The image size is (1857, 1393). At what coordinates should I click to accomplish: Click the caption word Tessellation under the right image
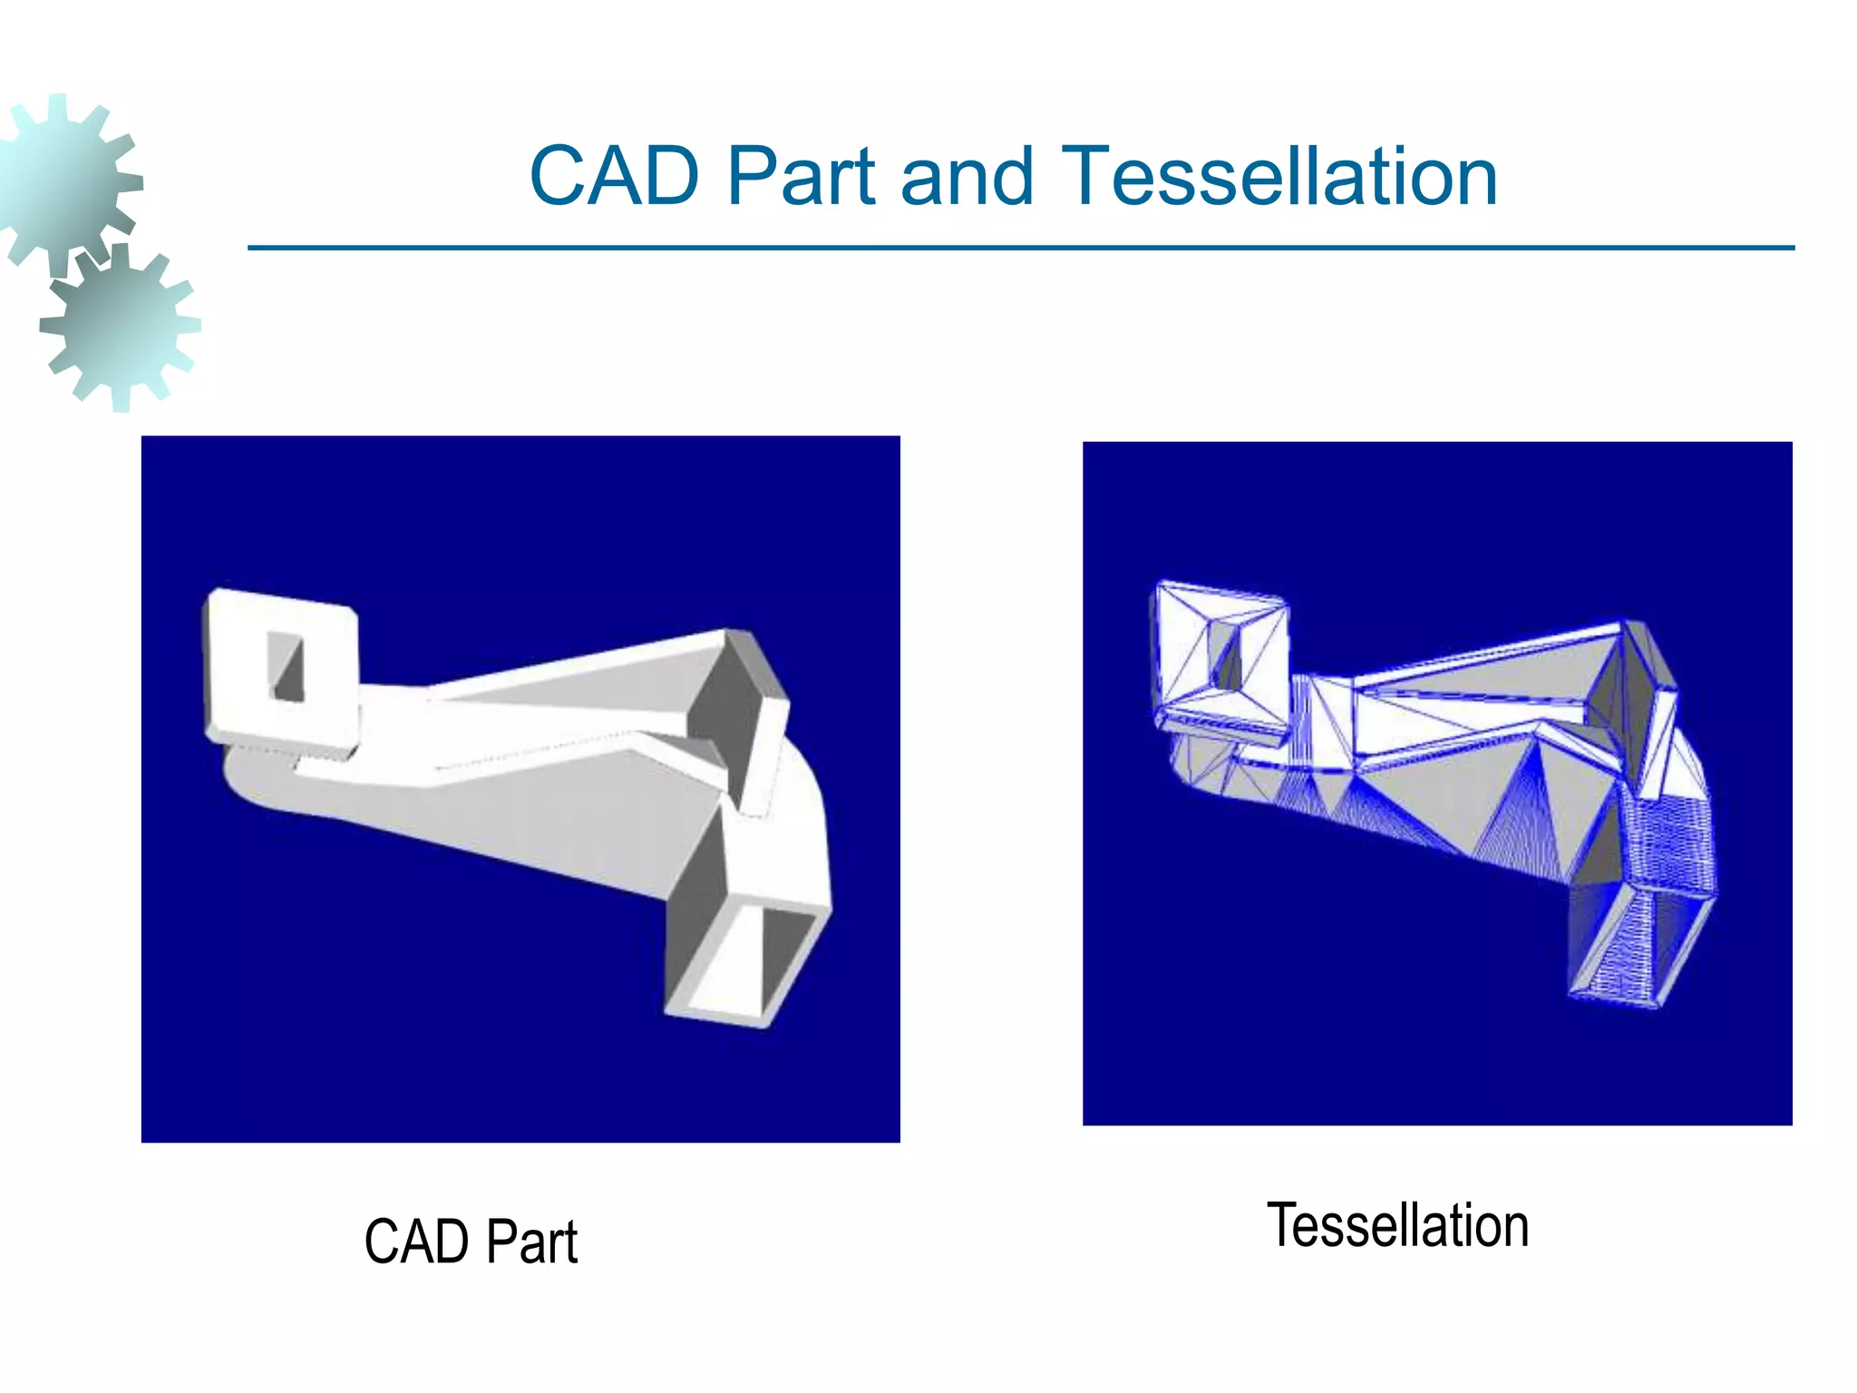point(1397,1226)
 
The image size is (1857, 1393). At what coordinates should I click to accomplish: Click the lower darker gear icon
point(120,326)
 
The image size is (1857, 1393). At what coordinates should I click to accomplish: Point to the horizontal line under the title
point(1021,247)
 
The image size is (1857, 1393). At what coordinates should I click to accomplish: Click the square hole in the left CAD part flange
point(287,667)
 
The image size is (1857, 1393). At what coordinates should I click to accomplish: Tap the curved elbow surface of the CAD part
point(798,816)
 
